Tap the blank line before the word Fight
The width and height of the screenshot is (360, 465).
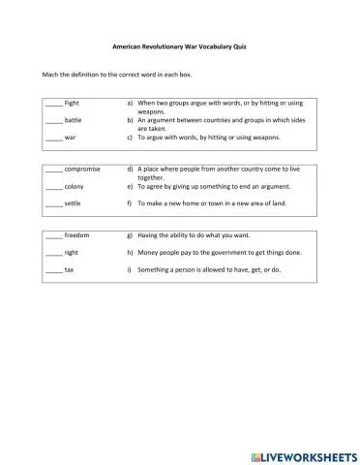click(x=53, y=103)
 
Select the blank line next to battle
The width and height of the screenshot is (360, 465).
click(x=53, y=121)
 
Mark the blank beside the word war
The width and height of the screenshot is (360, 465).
click(x=53, y=139)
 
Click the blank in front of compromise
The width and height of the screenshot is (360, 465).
click(x=53, y=170)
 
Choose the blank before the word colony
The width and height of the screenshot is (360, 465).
click(x=53, y=186)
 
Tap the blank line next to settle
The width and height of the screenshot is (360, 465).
click(x=53, y=204)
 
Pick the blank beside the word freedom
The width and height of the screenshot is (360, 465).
click(x=53, y=235)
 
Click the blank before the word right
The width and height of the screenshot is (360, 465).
click(x=53, y=253)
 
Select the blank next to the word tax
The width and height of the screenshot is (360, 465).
click(x=53, y=270)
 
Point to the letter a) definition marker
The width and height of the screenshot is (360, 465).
click(x=130, y=102)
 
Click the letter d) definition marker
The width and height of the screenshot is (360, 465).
click(x=130, y=169)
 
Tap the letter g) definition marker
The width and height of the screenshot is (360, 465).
click(x=130, y=234)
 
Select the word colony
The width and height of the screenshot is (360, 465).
click(x=75, y=185)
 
